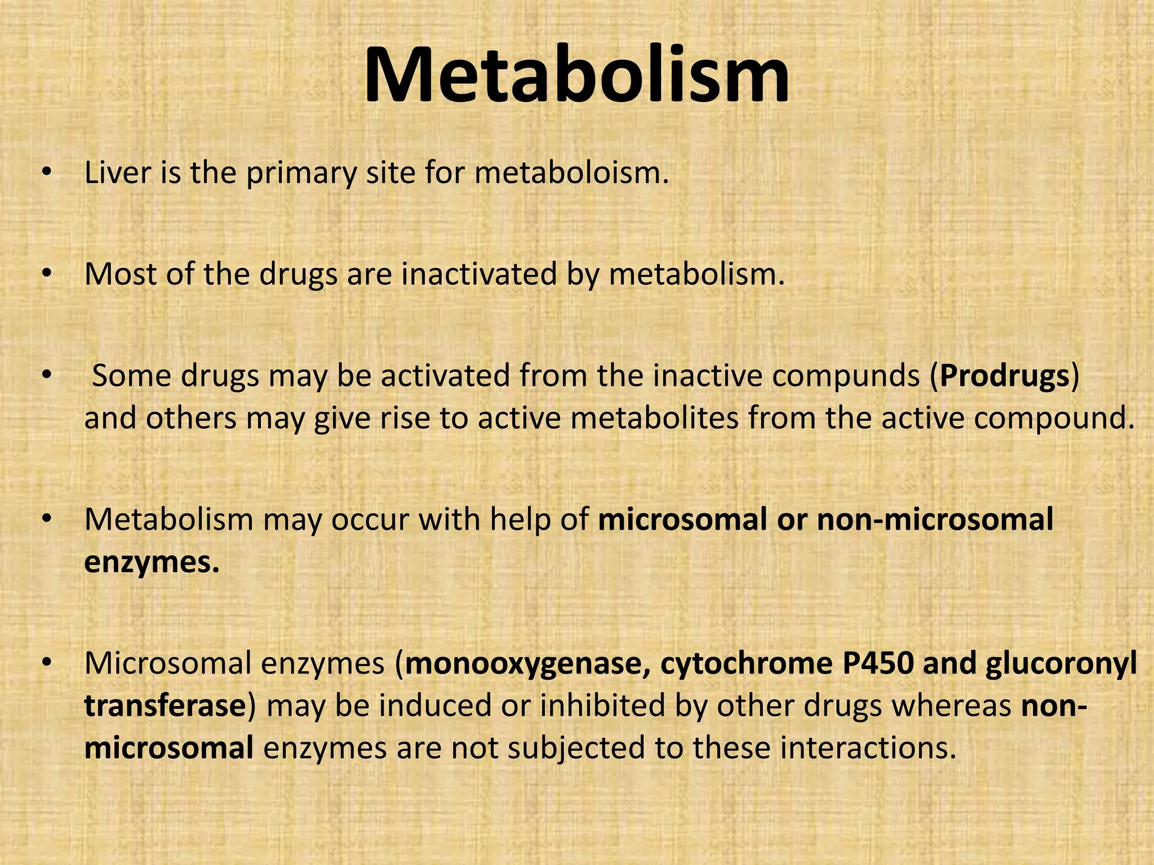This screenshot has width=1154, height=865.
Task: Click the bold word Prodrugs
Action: [x=1005, y=376]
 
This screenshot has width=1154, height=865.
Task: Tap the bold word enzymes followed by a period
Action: [x=151, y=562]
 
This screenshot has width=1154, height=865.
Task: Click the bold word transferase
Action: [x=165, y=706]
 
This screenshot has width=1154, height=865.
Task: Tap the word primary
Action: [x=301, y=173]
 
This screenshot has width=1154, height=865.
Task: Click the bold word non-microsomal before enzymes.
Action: [x=935, y=519]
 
